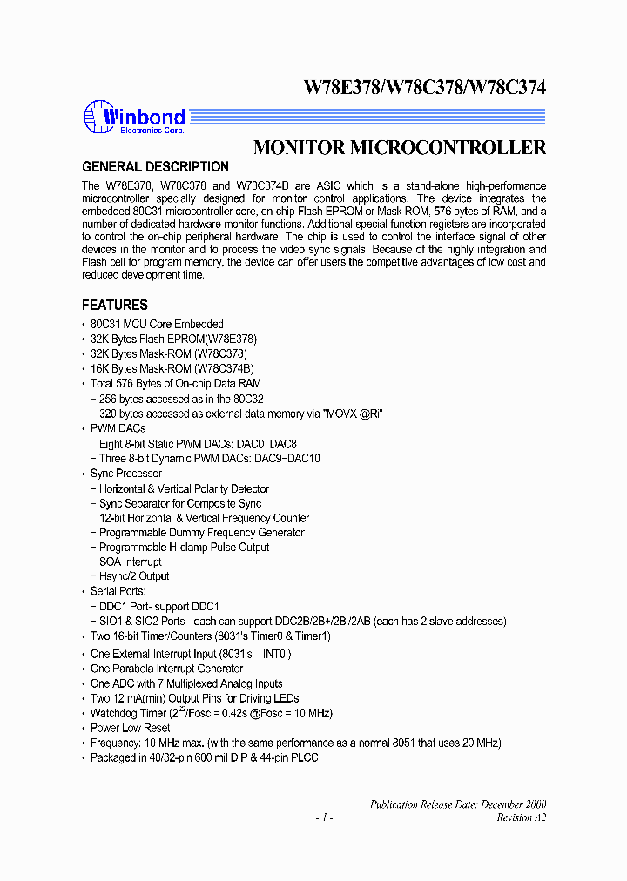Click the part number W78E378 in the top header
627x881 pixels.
point(340,88)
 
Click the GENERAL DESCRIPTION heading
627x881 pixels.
point(155,167)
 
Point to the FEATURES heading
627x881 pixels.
point(115,306)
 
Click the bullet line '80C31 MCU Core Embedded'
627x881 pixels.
point(157,325)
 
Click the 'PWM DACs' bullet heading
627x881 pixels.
point(118,428)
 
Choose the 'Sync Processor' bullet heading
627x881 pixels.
point(125,474)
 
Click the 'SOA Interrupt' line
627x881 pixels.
point(130,562)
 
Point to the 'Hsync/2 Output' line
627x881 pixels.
point(134,576)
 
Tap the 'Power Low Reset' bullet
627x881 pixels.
point(130,728)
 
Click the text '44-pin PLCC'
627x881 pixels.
point(288,757)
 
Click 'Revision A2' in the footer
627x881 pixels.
point(521,817)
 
